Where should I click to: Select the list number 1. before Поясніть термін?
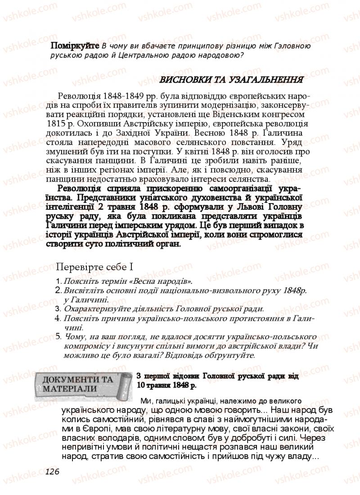click(58, 280)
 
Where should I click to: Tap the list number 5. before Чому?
click(58, 336)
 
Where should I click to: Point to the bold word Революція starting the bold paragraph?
click(81, 189)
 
